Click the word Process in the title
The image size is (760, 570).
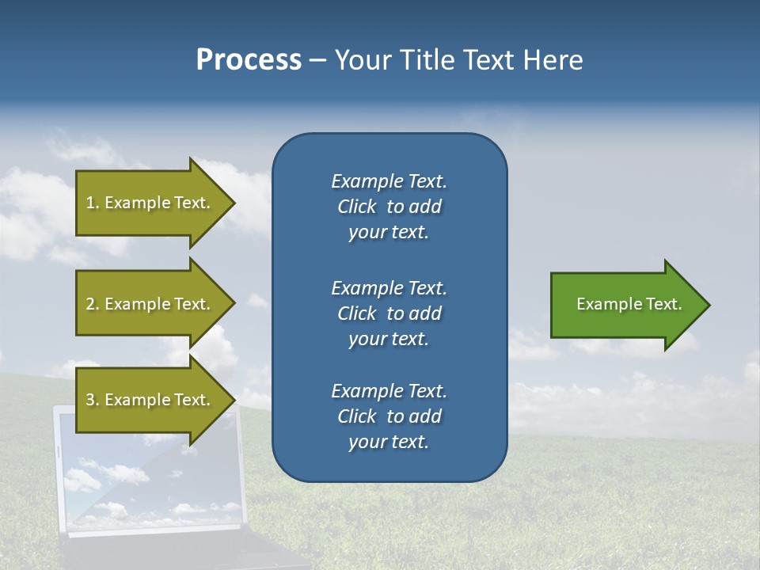249,60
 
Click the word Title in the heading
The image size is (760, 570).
426,60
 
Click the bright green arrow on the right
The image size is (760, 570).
625,304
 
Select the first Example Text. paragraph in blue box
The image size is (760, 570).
389,206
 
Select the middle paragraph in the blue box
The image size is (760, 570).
389,313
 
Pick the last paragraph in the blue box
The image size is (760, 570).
389,416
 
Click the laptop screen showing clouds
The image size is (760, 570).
119,483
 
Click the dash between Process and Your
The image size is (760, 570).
317,60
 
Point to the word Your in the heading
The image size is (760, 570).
363,60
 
